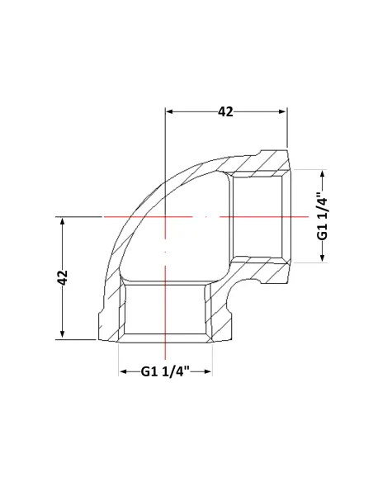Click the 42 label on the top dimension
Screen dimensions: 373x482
[225, 111]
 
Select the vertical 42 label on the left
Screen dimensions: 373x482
[63, 277]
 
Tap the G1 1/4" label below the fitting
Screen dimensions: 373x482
[165, 371]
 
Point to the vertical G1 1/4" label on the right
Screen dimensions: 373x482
[323, 216]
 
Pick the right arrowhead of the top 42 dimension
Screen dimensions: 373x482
[283, 111]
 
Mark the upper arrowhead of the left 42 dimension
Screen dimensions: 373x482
[63, 221]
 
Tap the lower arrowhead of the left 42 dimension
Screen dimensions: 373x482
[63, 335]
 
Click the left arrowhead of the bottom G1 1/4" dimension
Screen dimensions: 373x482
[123, 371]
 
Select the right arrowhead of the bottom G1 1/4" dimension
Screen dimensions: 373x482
[208, 371]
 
